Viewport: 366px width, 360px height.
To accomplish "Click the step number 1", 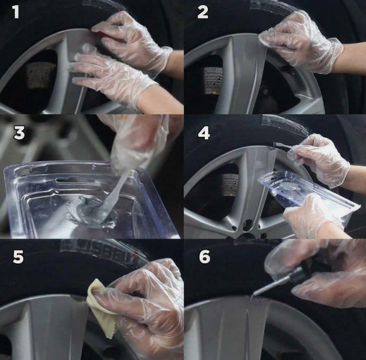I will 16,12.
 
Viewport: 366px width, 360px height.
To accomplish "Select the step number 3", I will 20,133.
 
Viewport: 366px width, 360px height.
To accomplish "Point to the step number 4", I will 204,133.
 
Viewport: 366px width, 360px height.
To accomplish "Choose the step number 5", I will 18,257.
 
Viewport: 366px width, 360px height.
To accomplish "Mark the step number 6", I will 204,257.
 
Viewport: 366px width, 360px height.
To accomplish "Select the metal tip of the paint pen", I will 260,289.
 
